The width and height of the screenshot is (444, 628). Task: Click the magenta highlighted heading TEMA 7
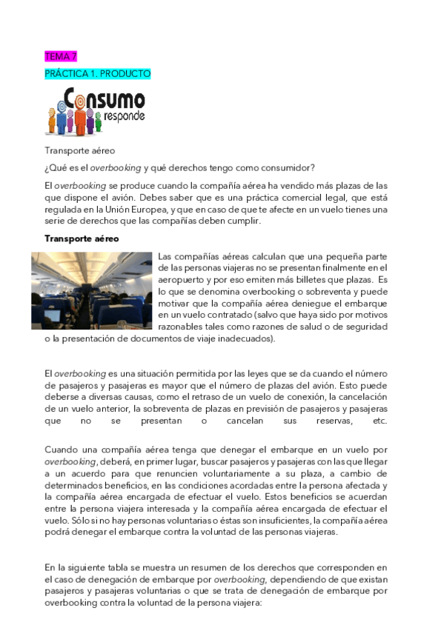[x=60, y=56]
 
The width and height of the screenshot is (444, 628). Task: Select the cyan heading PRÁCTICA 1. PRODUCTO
[x=98, y=74]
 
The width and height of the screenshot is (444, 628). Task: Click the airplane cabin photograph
[x=92, y=290]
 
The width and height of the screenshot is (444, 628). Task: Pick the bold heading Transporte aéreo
[x=82, y=238]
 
